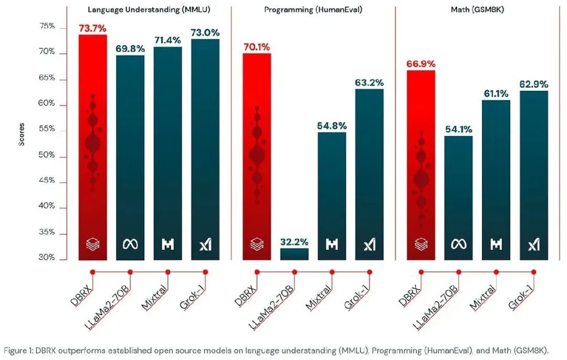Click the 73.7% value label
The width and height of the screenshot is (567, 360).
tap(92, 28)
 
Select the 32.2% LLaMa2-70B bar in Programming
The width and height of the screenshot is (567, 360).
tap(295, 254)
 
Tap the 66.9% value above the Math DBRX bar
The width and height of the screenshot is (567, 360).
tap(421, 64)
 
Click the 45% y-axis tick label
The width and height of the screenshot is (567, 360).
tap(47, 181)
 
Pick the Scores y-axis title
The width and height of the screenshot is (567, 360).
tap(22, 134)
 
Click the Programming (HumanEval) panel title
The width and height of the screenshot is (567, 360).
tap(313, 10)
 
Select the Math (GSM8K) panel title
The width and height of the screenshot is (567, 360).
tap(477, 10)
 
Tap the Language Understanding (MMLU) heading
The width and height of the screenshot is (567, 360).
tap(149, 10)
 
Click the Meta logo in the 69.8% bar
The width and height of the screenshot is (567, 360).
tap(130, 245)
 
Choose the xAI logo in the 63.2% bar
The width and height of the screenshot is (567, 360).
tap(370, 245)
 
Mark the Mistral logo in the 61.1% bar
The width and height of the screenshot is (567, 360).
tap(496, 245)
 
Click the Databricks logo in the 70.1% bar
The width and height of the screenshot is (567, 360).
tap(257, 245)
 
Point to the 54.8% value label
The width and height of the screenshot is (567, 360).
tap(332, 126)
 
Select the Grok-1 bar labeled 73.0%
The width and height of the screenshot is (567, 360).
tap(205, 149)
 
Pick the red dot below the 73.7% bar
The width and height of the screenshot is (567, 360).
tap(92, 272)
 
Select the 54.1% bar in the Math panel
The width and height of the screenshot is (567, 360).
tap(458, 198)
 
